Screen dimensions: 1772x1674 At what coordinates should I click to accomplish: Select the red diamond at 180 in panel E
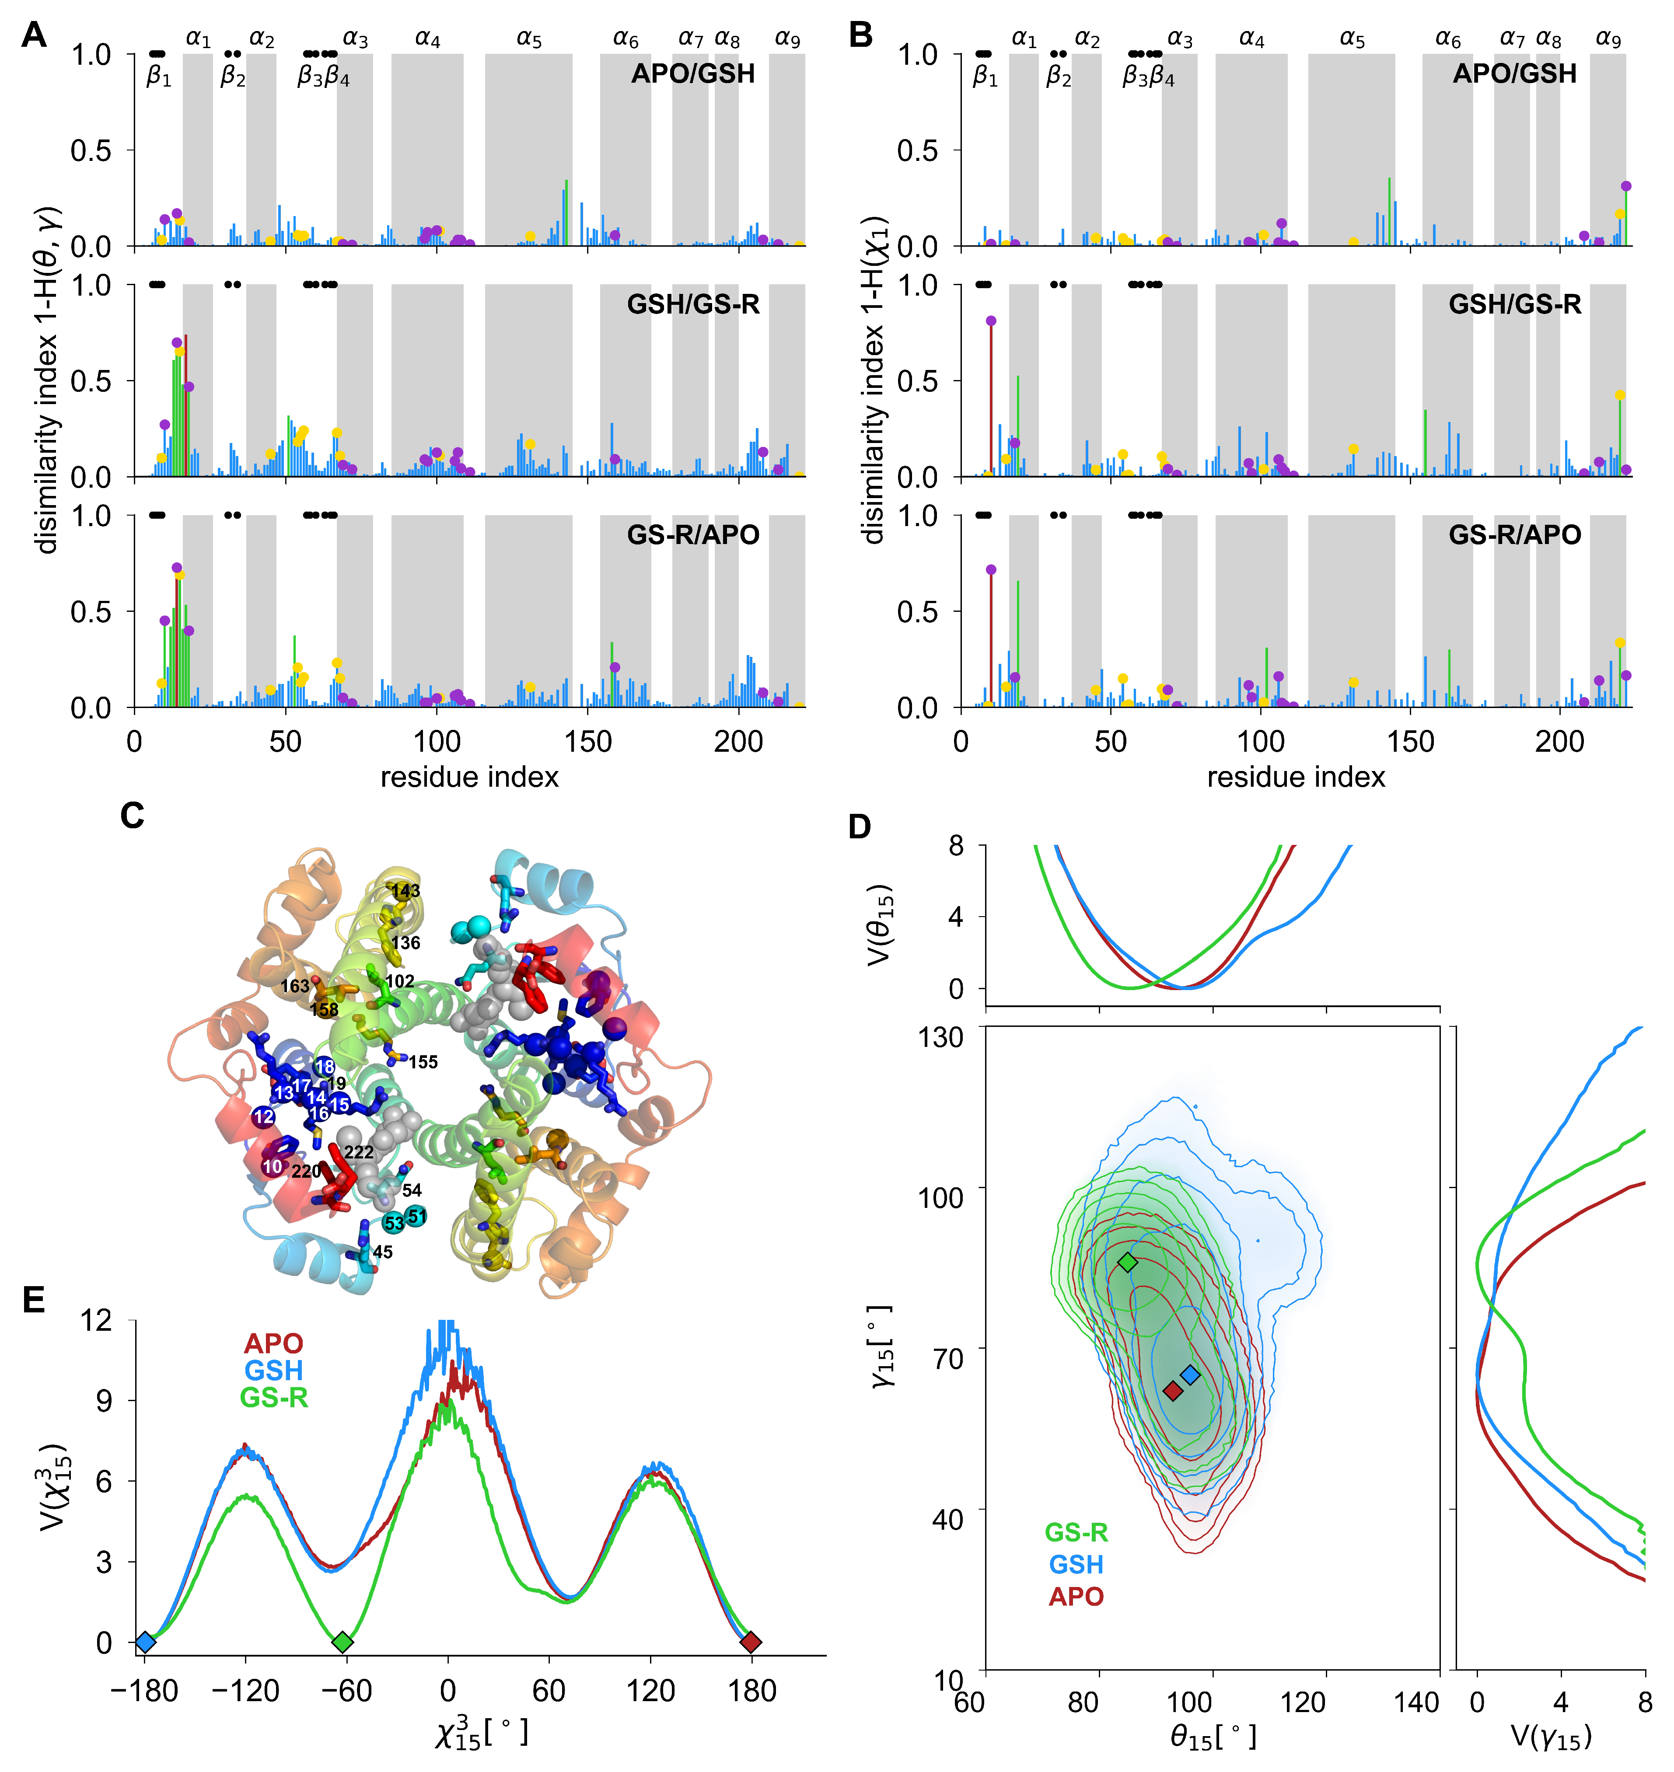tap(751, 1642)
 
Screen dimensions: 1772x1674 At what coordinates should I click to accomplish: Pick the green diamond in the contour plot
tap(1128, 1262)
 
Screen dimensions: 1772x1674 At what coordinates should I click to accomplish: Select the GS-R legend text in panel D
tap(1076, 1532)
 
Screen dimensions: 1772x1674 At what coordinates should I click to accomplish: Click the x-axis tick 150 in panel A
tap(587, 743)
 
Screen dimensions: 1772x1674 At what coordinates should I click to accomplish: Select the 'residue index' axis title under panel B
tap(1296, 777)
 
